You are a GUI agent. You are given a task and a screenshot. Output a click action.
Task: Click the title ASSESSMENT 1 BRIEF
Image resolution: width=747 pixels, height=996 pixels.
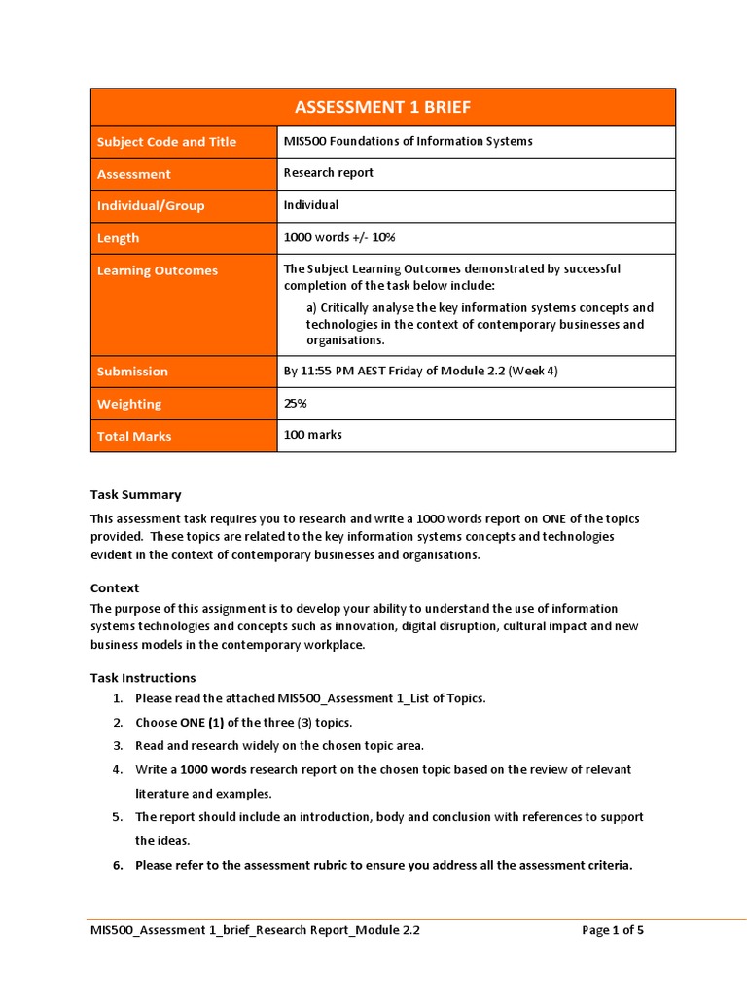(x=382, y=107)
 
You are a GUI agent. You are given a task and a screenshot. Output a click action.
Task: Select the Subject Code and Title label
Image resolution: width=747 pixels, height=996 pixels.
(x=166, y=142)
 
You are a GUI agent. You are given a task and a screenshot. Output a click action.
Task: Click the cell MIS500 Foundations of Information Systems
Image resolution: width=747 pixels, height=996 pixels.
(x=408, y=142)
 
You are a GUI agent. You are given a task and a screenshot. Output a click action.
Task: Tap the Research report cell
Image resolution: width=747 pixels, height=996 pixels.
(x=328, y=173)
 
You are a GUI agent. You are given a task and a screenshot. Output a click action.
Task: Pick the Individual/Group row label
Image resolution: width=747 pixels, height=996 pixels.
(x=151, y=206)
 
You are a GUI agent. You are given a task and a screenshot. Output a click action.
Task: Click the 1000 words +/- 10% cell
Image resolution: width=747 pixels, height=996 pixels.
(x=338, y=237)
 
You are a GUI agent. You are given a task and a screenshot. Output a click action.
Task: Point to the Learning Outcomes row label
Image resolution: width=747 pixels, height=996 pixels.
(x=157, y=271)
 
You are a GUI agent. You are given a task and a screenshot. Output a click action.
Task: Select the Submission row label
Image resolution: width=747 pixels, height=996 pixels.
(x=132, y=372)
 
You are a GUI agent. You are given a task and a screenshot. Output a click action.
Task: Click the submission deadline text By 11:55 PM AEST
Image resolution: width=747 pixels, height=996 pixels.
(x=420, y=371)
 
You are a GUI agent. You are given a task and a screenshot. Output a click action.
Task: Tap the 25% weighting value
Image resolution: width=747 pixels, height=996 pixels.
(x=297, y=403)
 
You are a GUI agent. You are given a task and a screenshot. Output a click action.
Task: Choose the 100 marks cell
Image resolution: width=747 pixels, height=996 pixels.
(x=312, y=435)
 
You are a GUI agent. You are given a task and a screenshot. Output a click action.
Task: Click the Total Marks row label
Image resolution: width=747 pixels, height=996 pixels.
(x=134, y=437)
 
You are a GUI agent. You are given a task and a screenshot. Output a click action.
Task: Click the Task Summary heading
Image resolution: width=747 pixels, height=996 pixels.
(x=135, y=495)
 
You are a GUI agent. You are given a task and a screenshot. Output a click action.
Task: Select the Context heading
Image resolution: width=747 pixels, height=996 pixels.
(x=115, y=588)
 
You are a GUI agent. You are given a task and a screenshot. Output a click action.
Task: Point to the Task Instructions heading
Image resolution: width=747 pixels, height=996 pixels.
(x=143, y=678)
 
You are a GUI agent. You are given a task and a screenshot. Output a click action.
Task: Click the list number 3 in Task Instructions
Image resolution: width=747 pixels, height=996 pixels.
(x=117, y=746)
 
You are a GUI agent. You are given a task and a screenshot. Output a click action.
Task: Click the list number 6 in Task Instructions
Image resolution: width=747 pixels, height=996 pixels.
(x=117, y=865)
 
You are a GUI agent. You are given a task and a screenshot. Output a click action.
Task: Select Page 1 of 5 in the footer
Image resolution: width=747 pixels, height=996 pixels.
(x=613, y=930)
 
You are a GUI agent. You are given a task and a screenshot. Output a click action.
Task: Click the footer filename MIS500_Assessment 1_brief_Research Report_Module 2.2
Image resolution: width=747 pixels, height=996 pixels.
(x=255, y=930)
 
